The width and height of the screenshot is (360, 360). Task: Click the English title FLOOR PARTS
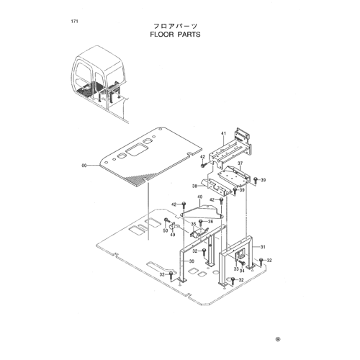(x=175, y=35)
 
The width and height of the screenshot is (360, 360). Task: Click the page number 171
(x=74, y=22)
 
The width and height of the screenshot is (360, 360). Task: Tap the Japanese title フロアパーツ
(x=175, y=26)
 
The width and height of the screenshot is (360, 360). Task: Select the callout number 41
(x=224, y=133)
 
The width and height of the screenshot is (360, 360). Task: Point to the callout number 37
(x=240, y=163)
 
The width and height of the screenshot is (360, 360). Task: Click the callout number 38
(x=194, y=186)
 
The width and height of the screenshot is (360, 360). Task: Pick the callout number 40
(x=200, y=197)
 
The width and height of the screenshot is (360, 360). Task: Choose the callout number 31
(x=263, y=247)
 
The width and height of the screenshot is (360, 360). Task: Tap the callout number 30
(x=192, y=261)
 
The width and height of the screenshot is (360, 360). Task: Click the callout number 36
(x=210, y=222)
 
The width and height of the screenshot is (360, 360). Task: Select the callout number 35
(x=194, y=224)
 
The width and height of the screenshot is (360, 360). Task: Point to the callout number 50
(x=166, y=231)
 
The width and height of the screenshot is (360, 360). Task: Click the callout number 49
(x=173, y=235)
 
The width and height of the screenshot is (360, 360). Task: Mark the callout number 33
(x=236, y=269)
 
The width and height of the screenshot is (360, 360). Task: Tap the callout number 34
(x=242, y=271)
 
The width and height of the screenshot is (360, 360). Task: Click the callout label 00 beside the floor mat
(x=84, y=166)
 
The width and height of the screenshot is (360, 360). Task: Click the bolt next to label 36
(x=201, y=222)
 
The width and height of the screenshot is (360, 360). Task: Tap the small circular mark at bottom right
(x=278, y=339)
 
